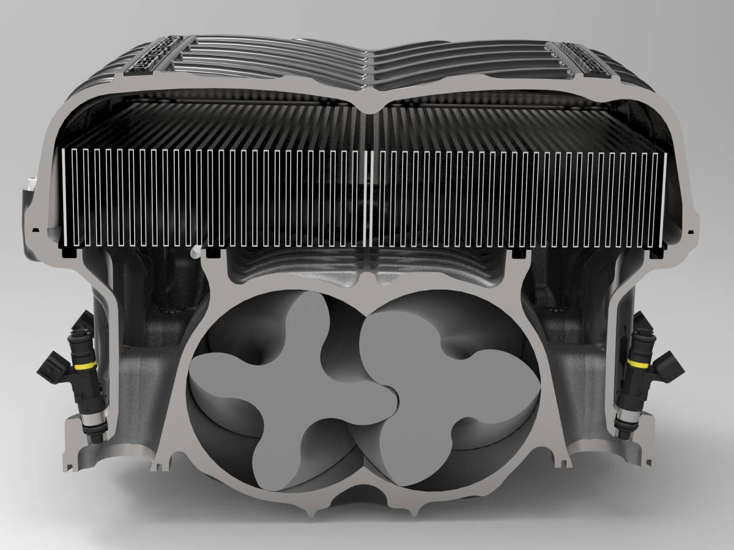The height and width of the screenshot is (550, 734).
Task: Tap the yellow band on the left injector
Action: coord(86,365)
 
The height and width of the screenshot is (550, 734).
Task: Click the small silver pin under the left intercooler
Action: coord(195,251)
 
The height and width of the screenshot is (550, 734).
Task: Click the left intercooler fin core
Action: coord(214,196)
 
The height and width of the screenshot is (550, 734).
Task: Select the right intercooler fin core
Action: coord(520,196)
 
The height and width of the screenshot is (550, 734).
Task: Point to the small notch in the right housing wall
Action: coord(689,232)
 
